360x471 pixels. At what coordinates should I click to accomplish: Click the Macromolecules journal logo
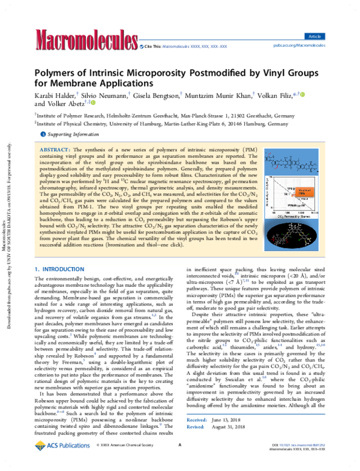(83, 40)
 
